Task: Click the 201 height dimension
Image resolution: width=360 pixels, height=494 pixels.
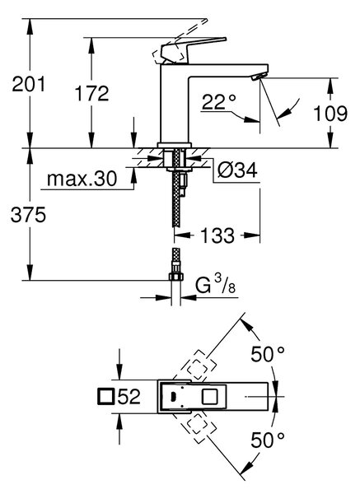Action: click(28, 84)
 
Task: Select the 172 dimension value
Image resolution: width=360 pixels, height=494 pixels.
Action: click(91, 93)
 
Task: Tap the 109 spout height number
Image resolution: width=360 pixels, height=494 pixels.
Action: click(330, 114)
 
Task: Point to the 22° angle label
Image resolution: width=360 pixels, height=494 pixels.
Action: click(219, 101)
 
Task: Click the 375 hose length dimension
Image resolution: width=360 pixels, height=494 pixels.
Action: click(28, 215)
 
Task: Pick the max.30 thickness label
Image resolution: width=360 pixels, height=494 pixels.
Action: click(82, 179)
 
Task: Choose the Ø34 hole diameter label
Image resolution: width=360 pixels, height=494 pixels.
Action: click(237, 170)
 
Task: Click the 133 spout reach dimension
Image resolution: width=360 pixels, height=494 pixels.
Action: click(217, 235)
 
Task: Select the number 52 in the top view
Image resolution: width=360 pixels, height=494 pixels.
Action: click(129, 396)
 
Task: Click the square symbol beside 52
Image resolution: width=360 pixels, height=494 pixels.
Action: click(106, 396)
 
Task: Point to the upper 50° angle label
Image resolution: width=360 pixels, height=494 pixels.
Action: click(268, 354)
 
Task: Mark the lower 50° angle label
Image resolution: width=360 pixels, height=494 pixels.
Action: click(268, 440)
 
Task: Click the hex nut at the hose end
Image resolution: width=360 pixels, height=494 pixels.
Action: click(176, 277)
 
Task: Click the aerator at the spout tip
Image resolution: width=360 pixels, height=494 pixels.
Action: click(259, 77)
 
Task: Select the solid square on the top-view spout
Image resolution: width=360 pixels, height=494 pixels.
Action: click(209, 396)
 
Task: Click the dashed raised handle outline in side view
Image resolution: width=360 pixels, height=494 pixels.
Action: click(180, 41)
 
